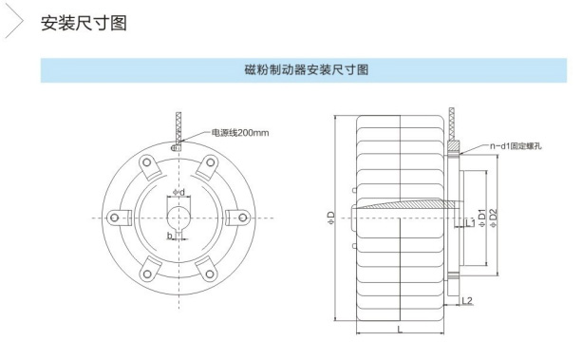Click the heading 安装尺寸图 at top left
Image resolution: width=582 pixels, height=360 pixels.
[84, 23]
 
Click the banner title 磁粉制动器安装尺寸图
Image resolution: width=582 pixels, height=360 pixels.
[307, 69]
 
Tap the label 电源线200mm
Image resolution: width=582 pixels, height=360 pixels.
[240, 133]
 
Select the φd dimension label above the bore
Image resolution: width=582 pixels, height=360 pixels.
[178, 193]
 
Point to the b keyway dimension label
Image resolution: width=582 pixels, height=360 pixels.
[170, 236]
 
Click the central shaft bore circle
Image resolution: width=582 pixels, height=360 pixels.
[178, 218]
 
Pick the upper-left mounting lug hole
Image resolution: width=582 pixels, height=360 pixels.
[147, 162]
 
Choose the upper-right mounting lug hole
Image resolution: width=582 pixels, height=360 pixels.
[210, 162]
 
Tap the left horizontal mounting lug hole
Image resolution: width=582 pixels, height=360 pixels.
[114, 218]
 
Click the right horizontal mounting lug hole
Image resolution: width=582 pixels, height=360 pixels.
[243, 218]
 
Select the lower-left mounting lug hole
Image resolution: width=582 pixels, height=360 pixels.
[147, 275]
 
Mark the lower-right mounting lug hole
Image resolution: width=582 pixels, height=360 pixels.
[210, 275]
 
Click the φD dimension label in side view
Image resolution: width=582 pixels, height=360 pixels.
[331, 218]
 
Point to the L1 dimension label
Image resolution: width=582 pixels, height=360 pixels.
[470, 223]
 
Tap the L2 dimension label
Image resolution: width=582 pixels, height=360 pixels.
[467, 300]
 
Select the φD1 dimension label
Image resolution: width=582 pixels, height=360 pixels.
[481, 218]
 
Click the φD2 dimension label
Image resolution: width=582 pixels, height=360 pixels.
[493, 218]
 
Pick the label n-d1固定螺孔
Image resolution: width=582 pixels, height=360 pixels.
[516, 146]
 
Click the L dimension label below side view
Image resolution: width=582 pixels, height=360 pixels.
[400, 329]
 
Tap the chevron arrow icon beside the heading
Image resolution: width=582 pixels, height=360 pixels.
[15, 22]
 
